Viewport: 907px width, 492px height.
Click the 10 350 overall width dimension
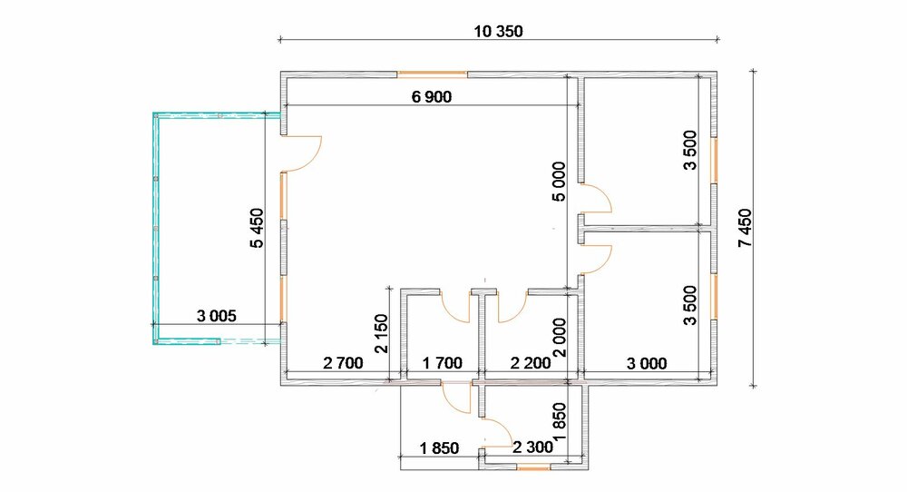click(498, 31)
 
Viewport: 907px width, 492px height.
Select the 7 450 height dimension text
click(745, 228)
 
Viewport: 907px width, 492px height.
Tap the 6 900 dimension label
click(432, 96)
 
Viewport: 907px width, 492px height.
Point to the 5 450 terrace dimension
click(257, 228)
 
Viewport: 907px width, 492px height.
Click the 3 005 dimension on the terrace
click(217, 316)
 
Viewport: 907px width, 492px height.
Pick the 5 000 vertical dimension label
click(559, 182)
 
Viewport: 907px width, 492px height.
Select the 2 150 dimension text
click(382, 333)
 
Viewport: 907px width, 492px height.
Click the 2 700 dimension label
click(343, 363)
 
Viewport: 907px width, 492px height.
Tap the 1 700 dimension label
click(443, 363)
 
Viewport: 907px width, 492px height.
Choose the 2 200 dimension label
click(531, 363)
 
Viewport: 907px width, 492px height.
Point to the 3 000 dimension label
click(647, 363)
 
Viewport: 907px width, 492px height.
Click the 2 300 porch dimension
click(532, 447)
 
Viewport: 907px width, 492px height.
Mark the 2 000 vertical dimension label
click(560, 338)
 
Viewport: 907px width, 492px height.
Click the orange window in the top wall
click(432, 74)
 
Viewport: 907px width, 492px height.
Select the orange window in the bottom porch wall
click(534, 467)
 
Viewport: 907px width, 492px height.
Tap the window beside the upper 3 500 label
click(714, 161)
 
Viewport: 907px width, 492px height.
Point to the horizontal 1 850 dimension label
click(439, 448)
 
